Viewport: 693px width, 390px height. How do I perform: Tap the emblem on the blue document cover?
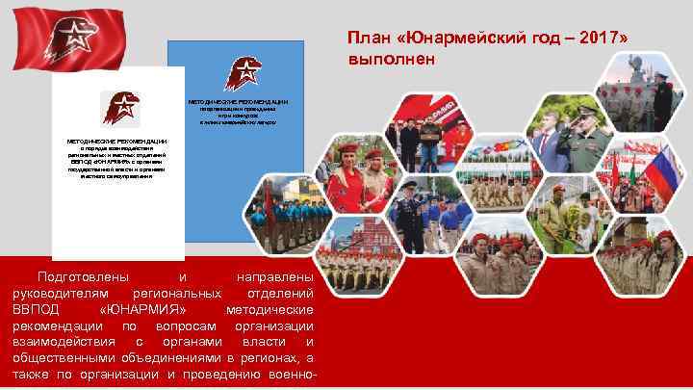point(241,73)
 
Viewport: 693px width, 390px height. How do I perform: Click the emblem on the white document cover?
point(121,107)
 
